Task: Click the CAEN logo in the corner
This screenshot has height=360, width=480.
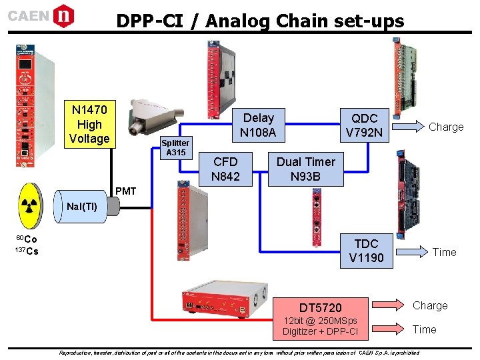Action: pyautogui.click(x=41, y=15)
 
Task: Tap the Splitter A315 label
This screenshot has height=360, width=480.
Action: pyautogui.click(x=176, y=147)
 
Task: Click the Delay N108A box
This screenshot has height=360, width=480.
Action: pyautogui.click(x=258, y=125)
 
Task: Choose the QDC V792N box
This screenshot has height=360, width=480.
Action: pyautogui.click(x=364, y=125)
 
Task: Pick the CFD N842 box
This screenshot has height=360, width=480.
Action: pyautogui.click(x=225, y=169)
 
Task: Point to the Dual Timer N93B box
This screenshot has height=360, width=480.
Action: pyautogui.click(x=306, y=169)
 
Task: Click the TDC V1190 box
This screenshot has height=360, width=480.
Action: pyautogui.click(x=366, y=251)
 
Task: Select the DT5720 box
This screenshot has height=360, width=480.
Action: pyautogui.click(x=320, y=307)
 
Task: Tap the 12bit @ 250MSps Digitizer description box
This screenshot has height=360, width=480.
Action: pyautogui.click(x=320, y=327)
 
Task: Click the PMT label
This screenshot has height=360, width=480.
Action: pyautogui.click(x=125, y=192)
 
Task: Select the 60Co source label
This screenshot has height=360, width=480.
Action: pyautogui.click(x=26, y=239)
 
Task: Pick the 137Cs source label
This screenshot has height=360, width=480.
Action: pyautogui.click(x=26, y=251)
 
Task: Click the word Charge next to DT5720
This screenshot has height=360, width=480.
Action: pyautogui.click(x=430, y=305)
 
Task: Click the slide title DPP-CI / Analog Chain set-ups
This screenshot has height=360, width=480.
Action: pyautogui.click(x=260, y=21)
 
